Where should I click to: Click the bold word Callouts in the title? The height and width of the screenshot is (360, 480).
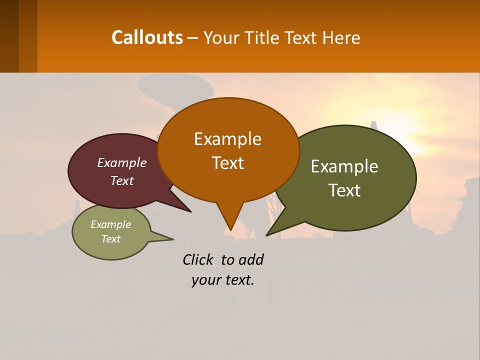click(147, 37)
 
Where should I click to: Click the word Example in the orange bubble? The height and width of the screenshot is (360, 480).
click(227, 139)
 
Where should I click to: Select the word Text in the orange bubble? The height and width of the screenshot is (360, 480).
click(227, 163)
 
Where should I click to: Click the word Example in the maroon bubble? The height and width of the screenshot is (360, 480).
click(121, 163)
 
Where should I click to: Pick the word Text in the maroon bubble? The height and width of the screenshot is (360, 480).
click(121, 181)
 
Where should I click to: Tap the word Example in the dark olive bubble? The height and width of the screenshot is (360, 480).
click(344, 166)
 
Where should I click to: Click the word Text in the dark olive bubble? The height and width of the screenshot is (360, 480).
click(344, 190)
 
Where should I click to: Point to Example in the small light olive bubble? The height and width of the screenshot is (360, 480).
click(110, 224)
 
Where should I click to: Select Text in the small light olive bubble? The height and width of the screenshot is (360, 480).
click(110, 239)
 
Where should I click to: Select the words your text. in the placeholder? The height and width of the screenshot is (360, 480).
click(222, 280)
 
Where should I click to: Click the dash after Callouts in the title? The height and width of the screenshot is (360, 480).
click(193, 38)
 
